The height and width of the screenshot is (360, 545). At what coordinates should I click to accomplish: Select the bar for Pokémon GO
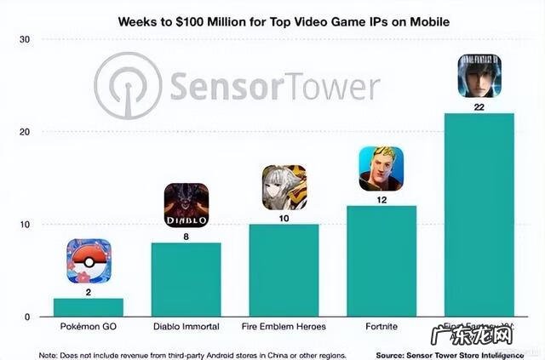pos(89,307)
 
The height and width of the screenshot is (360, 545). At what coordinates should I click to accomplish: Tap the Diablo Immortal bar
pos(186,280)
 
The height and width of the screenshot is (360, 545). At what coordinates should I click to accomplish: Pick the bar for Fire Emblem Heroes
pos(284,271)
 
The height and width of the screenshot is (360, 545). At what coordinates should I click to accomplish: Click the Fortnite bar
pos(381,261)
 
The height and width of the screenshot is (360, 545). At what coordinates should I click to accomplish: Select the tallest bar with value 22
pos(479,215)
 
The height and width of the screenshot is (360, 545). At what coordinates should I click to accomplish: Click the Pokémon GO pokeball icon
pos(89,261)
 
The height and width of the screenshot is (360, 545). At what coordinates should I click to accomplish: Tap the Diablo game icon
pos(186,205)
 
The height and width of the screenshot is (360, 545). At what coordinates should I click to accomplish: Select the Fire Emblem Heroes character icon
pos(284,187)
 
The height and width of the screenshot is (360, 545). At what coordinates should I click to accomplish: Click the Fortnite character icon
pos(381,169)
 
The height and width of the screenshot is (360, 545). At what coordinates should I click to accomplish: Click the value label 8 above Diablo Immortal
pos(186,236)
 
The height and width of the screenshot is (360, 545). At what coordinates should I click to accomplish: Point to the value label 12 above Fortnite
pos(381,198)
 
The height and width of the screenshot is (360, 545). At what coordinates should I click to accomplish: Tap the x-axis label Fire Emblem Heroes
pos(284,328)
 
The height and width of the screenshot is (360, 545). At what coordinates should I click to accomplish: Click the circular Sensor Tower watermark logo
pos(128,86)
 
